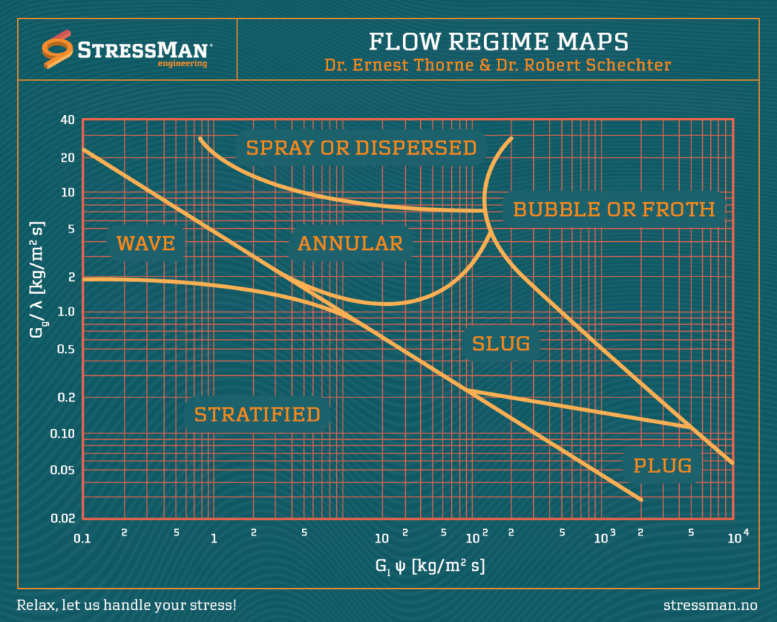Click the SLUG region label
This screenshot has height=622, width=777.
(501, 344)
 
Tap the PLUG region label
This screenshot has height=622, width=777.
(662, 466)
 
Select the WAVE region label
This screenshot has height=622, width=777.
(146, 243)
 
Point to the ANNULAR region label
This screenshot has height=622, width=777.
(350, 243)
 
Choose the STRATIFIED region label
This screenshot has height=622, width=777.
(257, 415)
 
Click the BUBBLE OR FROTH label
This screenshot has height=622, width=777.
(614, 209)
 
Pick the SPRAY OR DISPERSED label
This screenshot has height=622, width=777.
(361, 148)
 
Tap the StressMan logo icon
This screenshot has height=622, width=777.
(57, 50)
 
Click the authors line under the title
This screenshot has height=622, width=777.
(498, 65)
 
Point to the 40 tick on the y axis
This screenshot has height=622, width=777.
(68, 120)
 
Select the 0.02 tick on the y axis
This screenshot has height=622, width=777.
(64, 518)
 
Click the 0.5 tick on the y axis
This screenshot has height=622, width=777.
(68, 350)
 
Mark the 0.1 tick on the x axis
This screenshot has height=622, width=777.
(83, 538)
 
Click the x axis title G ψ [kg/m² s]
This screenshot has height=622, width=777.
(430, 567)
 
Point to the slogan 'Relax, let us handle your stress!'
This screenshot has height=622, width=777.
(126, 604)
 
